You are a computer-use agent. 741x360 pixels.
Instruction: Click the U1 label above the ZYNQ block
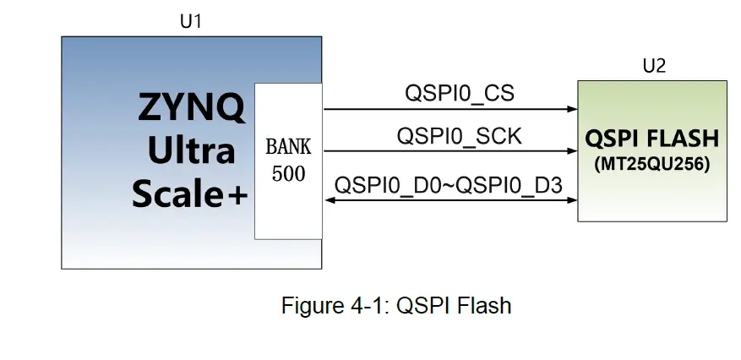(x=191, y=22)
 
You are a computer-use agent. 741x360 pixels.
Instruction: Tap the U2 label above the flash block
(x=654, y=66)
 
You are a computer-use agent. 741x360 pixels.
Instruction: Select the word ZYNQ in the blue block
(x=192, y=108)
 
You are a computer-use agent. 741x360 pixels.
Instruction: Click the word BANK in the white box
(x=288, y=147)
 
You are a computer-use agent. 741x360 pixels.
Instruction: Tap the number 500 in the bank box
(x=288, y=174)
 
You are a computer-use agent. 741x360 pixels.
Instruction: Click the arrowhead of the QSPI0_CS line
(x=572, y=109)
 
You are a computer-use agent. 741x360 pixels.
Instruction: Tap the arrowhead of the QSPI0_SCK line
(x=572, y=151)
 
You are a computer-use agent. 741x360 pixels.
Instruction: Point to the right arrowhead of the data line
(x=572, y=200)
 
